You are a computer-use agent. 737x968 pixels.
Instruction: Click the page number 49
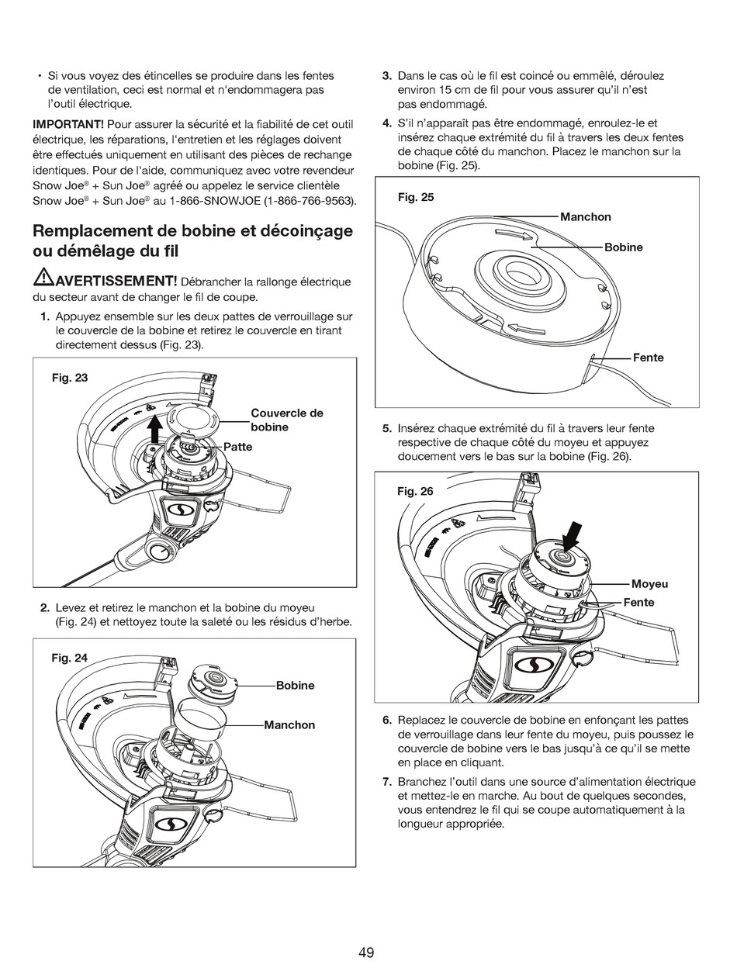(367, 952)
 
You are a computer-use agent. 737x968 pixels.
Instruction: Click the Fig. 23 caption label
(70, 378)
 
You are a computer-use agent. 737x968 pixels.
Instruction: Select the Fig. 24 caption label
(70, 658)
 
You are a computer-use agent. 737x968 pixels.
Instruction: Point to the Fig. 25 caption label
(416, 197)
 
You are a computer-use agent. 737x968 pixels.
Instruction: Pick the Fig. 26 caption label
(415, 491)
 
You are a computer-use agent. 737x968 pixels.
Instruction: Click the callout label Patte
(238, 447)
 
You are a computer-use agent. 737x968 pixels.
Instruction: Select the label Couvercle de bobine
(286, 420)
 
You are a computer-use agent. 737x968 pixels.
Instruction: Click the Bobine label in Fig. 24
(296, 685)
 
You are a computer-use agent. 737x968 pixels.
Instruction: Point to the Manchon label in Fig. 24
(289, 724)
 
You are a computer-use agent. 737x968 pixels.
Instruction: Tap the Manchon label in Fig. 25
(586, 216)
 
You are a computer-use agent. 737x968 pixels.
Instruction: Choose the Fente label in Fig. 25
(649, 358)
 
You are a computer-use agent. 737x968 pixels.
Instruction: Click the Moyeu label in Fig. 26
(649, 583)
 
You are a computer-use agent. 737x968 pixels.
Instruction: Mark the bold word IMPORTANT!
(68, 124)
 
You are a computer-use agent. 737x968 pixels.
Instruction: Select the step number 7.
(387, 781)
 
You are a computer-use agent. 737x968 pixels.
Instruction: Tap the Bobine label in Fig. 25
(624, 247)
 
